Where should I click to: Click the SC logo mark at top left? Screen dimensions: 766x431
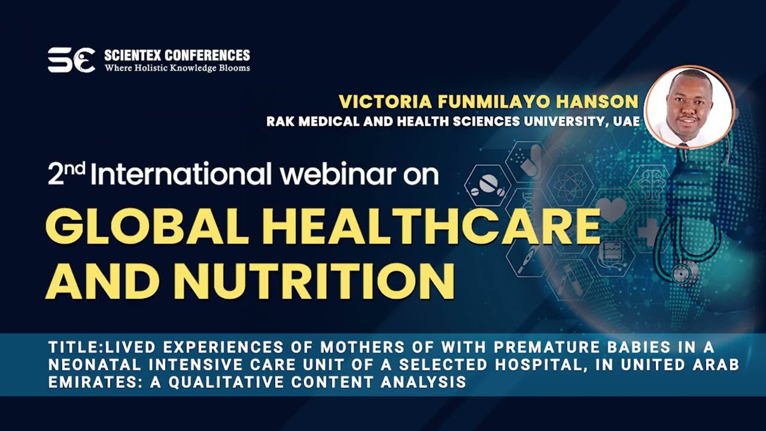(x=71, y=60)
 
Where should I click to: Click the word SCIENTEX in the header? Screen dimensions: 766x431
(x=133, y=56)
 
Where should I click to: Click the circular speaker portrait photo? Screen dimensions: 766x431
(x=689, y=107)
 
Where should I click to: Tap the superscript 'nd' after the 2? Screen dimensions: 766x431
(x=75, y=168)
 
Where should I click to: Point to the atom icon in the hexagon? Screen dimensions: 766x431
(x=569, y=186)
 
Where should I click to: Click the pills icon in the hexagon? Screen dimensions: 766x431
(x=485, y=186)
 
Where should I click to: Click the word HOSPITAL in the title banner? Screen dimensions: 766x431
(x=542, y=365)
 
